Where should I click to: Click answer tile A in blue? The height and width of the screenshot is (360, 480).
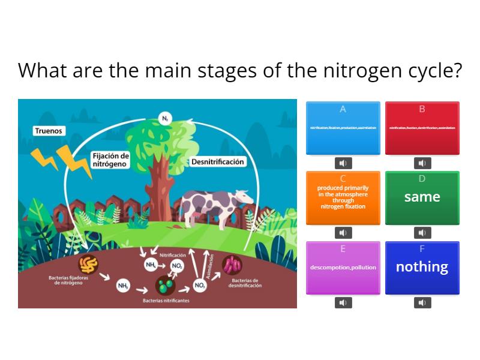343,128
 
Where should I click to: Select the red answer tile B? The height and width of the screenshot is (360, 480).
422,128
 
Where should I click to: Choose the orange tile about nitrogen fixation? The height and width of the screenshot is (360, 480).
343,197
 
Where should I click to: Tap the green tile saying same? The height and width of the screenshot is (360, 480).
422,197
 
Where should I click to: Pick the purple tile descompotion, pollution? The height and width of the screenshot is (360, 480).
343,268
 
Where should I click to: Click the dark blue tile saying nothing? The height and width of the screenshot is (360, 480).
422,268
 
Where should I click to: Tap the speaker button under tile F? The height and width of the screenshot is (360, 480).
422,302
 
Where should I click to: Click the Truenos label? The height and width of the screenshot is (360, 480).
49,131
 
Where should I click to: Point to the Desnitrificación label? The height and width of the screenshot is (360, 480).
217,162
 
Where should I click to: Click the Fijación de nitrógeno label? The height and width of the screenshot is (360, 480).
110,160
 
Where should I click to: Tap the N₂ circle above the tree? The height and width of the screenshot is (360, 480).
164,118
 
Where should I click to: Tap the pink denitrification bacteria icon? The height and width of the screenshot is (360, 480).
232,265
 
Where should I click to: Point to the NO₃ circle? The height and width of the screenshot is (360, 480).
200,286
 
